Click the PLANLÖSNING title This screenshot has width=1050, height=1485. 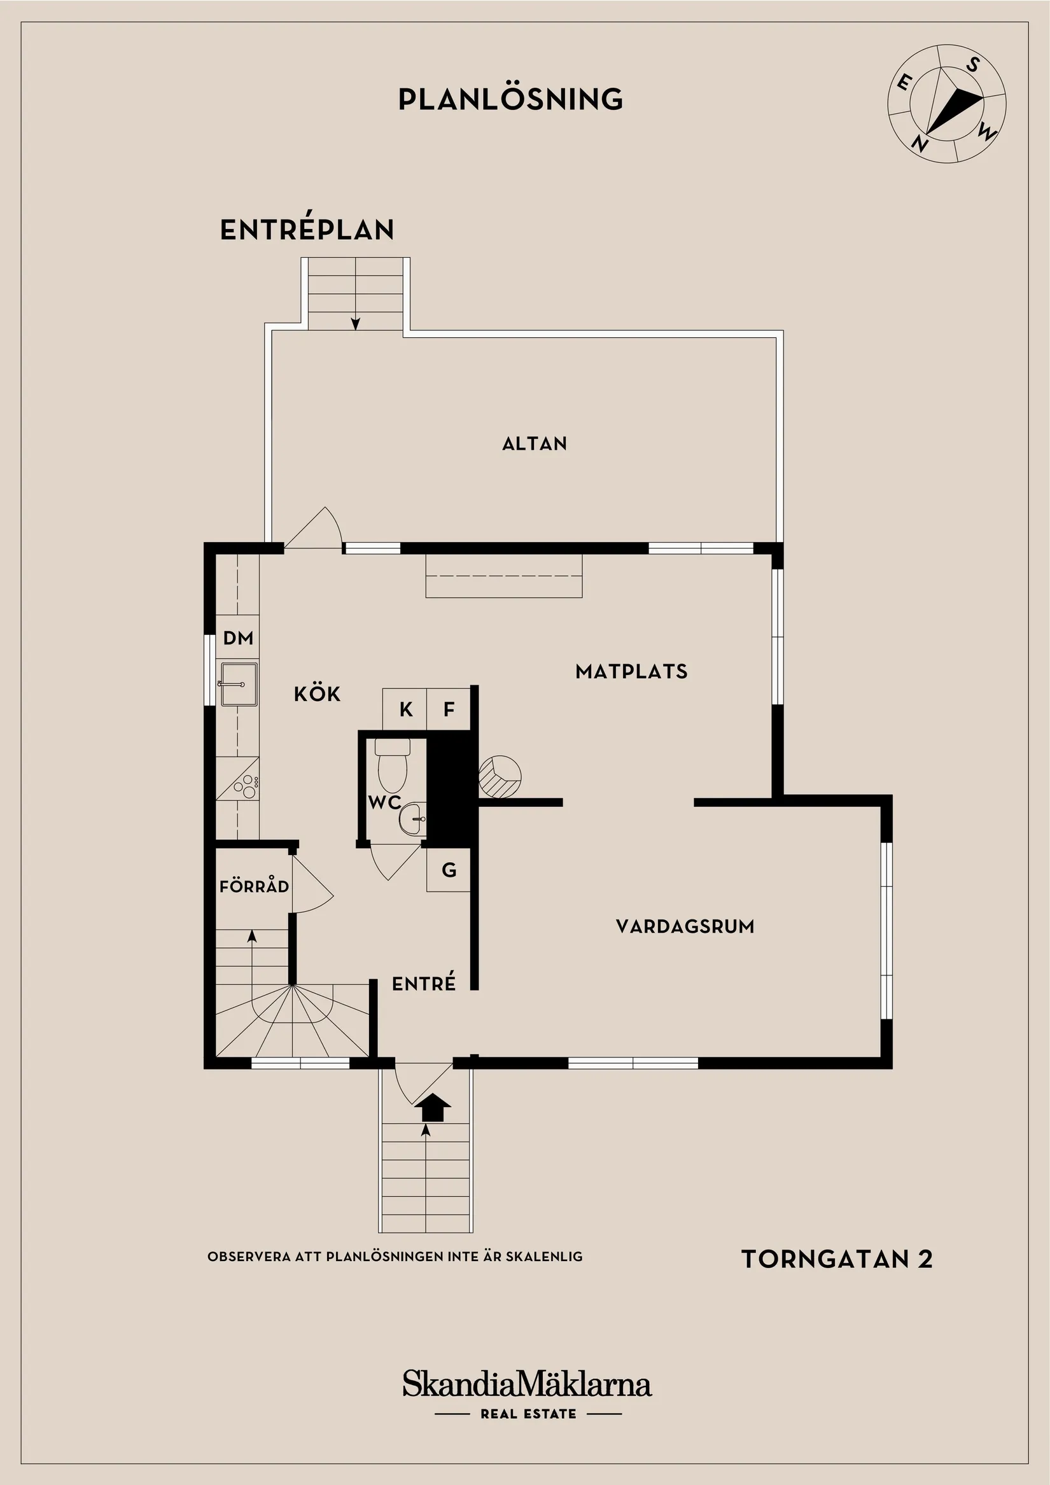pos(510,100)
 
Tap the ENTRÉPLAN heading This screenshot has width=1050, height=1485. pos(307,230)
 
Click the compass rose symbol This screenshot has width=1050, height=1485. pos(946,104)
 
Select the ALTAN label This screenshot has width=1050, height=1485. pos(535,443)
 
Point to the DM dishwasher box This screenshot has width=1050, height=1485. pos(237,638)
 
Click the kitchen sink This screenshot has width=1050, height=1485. pos(238,683)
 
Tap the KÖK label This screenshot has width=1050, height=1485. pos(317,694)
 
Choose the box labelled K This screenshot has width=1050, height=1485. pos(405,709)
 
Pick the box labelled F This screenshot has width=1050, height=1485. pos(449,709)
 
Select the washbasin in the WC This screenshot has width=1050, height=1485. pos(413,819)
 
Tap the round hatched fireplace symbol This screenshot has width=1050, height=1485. pos(500,776)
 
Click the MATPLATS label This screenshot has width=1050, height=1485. pos(631,671)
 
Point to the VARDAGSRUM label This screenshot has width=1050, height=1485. pos(685,926)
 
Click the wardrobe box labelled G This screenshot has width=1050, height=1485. pos(449,870)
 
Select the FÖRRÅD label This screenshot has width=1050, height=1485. pos(254,886)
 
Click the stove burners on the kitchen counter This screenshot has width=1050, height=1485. pos(247,785)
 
